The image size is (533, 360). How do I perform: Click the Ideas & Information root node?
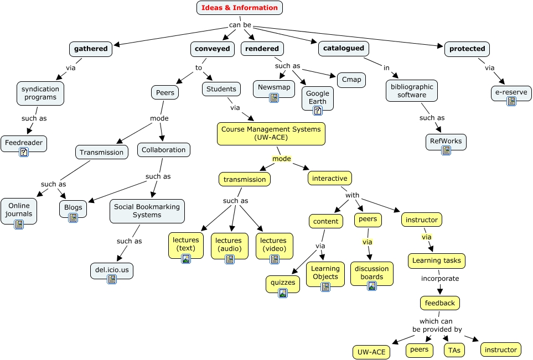(239, 8)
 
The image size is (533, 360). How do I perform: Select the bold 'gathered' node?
(91, 49)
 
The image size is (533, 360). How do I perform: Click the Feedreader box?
(24, 143)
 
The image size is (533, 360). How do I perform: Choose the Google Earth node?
(318, 97)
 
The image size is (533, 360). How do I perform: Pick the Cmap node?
(351, 80)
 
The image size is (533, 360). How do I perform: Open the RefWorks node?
(446, 141)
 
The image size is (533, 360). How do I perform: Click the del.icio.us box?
(112, 270)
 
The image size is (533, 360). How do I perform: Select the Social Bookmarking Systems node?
(147, 211)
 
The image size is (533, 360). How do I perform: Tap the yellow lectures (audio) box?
(229, 245)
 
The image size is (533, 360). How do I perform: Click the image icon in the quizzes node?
(283, 293)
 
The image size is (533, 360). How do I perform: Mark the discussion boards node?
(371, 273)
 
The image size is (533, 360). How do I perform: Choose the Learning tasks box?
(437, 260)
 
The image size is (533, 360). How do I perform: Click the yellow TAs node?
(454, 350)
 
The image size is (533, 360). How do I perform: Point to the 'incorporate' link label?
(439, 279)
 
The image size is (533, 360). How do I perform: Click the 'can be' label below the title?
(240, 25)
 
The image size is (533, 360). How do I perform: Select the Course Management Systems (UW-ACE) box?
(271, 133)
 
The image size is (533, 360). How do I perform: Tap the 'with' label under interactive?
(353, 195)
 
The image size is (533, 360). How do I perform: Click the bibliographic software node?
(411, 91)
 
